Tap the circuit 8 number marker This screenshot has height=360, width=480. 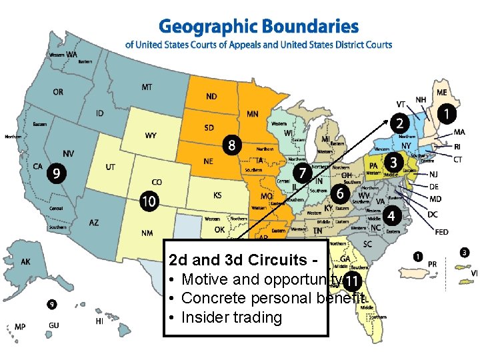[x=232, y=145]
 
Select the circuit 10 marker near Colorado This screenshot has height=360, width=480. [x=149, y=200]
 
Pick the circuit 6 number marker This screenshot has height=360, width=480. [x=341, y=193]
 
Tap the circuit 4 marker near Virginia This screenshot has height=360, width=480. [x=392, y=216]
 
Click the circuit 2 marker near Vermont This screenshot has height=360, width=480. [x=399, y=123]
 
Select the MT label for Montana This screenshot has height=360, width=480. [x=147, y=87]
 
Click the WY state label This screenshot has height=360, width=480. [x=151, y=136]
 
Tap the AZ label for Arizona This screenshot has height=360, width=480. [x=94, y=223]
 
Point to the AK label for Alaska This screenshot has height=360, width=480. [x=25, y=262]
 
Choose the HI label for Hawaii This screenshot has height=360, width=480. [x=99, y=321]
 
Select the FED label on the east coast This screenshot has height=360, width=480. [x=441, y=232]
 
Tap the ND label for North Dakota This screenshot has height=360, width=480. [x=211, y=97]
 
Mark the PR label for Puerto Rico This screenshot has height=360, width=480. [x=432, y=265]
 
